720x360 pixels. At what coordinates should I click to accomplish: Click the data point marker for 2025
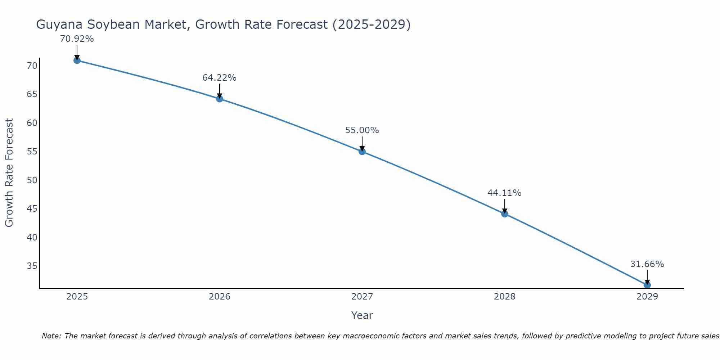pyautogui.click(x=77, y=60)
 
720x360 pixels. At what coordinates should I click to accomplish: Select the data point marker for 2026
pyautogui.click(x=220, y=99)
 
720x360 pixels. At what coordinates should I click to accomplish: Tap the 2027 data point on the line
pyautogui.click(x=362, y=152)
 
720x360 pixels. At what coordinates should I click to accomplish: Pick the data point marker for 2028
pyautogui.click(x=505, y=214)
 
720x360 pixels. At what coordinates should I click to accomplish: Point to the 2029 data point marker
pyautogui.click(x=647, y=285)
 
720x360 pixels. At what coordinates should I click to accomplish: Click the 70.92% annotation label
pyautogui.click(x=77, y=39)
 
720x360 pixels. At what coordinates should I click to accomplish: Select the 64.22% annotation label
pyautogui.click(x=219, y=78)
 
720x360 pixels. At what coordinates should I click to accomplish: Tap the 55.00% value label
pyautogui.click(x=362, y=130)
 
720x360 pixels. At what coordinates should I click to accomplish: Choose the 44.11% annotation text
pyautogui.click(x=504, y=193)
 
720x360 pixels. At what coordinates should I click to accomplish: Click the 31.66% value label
pyautogui.click(x=647, y=264)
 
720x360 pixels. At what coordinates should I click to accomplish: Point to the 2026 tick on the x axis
pyautogui.click(x=220, y=297)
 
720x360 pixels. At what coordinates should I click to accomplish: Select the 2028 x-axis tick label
pyautogui.click(x=505, y=297)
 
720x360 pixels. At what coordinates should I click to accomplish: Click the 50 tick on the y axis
pyautogui.click(x=32, y=180)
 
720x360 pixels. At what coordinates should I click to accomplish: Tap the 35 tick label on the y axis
pyautogui.click(x=32, y=266)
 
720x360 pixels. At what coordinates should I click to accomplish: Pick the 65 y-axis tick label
pyautogui.click(x=32, y=94)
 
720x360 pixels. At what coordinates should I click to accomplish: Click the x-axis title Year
pyautogui.click(x=362, y=315)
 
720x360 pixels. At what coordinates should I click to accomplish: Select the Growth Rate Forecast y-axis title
pyautogui.click(x=9, y=173)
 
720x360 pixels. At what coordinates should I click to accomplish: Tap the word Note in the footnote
pyautogui.click(x=51, y=336)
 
